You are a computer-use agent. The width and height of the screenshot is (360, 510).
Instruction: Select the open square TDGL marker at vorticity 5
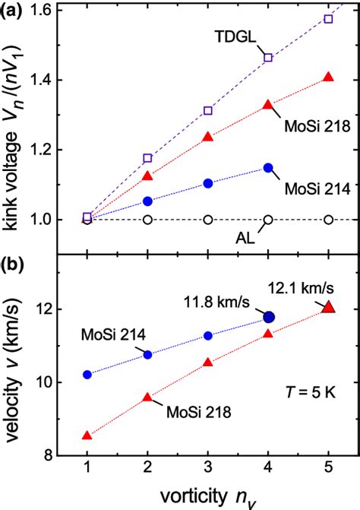(328, 18)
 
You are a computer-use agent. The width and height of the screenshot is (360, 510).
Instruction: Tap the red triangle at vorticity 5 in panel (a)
(328, 78)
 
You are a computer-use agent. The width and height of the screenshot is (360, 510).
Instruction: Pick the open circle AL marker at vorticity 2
(147, 220)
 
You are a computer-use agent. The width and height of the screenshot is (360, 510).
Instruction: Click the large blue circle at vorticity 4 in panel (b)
(268, 316)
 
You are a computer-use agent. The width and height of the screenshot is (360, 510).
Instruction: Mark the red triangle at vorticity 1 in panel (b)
(87, 435)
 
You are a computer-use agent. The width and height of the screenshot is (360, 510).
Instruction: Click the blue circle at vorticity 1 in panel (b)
(87, 375)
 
